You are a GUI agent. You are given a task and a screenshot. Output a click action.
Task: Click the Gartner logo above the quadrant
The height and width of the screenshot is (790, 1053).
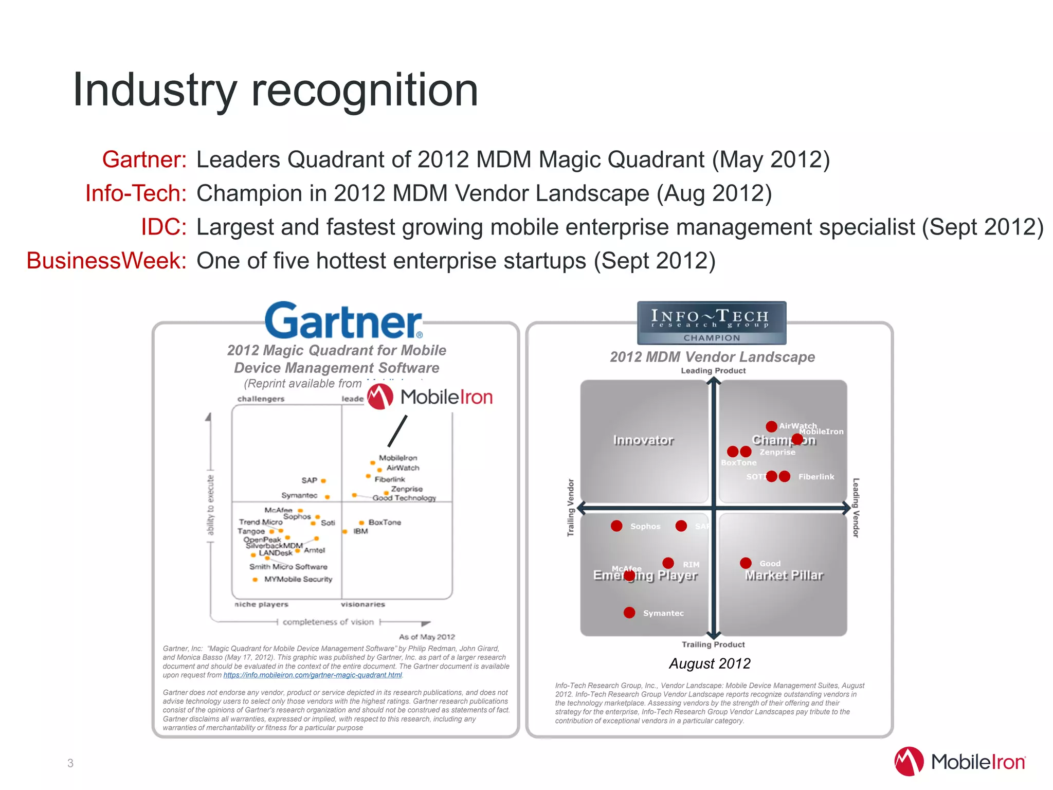343,320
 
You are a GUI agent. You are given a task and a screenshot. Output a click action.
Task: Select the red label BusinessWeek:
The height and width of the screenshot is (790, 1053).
106,261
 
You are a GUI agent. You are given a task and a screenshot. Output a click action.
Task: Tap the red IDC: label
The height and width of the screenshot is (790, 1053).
164,227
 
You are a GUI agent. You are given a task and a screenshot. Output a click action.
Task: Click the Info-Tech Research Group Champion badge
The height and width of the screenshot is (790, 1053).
711,322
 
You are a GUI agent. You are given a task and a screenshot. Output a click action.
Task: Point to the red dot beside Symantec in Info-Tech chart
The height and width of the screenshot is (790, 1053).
629,613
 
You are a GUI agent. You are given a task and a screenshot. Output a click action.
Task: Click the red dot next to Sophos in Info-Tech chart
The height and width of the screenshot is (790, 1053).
616,526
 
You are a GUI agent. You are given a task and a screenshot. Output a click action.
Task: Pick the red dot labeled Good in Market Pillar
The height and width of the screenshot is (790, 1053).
746,563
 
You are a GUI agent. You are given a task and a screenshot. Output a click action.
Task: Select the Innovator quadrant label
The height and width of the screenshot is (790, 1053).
643,440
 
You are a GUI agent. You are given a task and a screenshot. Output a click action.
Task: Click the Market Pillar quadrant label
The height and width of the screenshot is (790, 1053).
784,576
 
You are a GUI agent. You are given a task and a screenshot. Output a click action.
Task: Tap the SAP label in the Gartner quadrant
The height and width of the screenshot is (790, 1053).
309,480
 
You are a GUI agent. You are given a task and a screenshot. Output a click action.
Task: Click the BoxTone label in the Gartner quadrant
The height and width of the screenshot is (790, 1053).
385,522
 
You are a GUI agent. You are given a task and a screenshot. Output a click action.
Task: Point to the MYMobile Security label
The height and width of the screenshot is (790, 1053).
298,579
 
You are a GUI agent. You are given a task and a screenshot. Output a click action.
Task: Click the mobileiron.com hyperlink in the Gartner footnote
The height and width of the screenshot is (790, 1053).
313,675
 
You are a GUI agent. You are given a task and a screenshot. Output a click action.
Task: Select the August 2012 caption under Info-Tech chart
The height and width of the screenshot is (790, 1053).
710,663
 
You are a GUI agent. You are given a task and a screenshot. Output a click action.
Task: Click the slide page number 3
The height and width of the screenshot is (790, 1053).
70,763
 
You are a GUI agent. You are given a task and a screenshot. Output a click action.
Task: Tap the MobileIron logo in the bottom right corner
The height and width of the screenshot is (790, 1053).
960,762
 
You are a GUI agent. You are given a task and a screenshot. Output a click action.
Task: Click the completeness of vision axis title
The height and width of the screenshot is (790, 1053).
328,622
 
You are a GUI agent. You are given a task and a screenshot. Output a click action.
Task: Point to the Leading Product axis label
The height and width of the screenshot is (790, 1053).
713,371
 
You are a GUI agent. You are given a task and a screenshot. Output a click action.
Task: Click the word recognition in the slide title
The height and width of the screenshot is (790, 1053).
365,91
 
